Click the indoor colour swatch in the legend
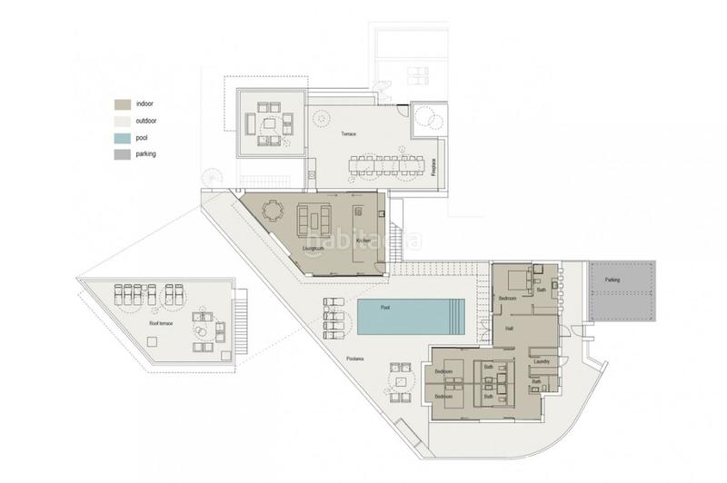[121, 103]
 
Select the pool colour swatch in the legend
[121, 138]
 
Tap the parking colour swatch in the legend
[121, 154]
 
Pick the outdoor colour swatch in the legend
[121, 121]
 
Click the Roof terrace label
[161, 322]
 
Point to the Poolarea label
[356, 360]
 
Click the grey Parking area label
[612, 280]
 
